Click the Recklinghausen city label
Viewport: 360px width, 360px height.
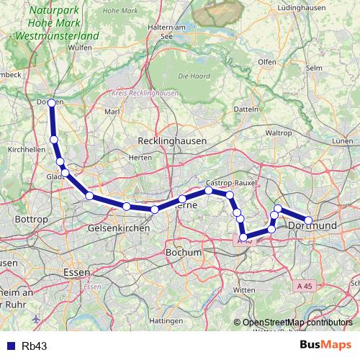point(173,140)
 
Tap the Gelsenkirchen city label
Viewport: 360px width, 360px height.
point(118,228)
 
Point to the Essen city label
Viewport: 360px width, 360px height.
point(76,273)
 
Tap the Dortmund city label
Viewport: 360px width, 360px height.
point(312,227)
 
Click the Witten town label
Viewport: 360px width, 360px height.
point(244,289)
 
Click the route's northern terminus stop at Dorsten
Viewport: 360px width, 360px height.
point(51,103)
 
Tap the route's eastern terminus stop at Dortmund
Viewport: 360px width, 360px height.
point(308,220)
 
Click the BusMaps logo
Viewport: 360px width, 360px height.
point(325,346)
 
